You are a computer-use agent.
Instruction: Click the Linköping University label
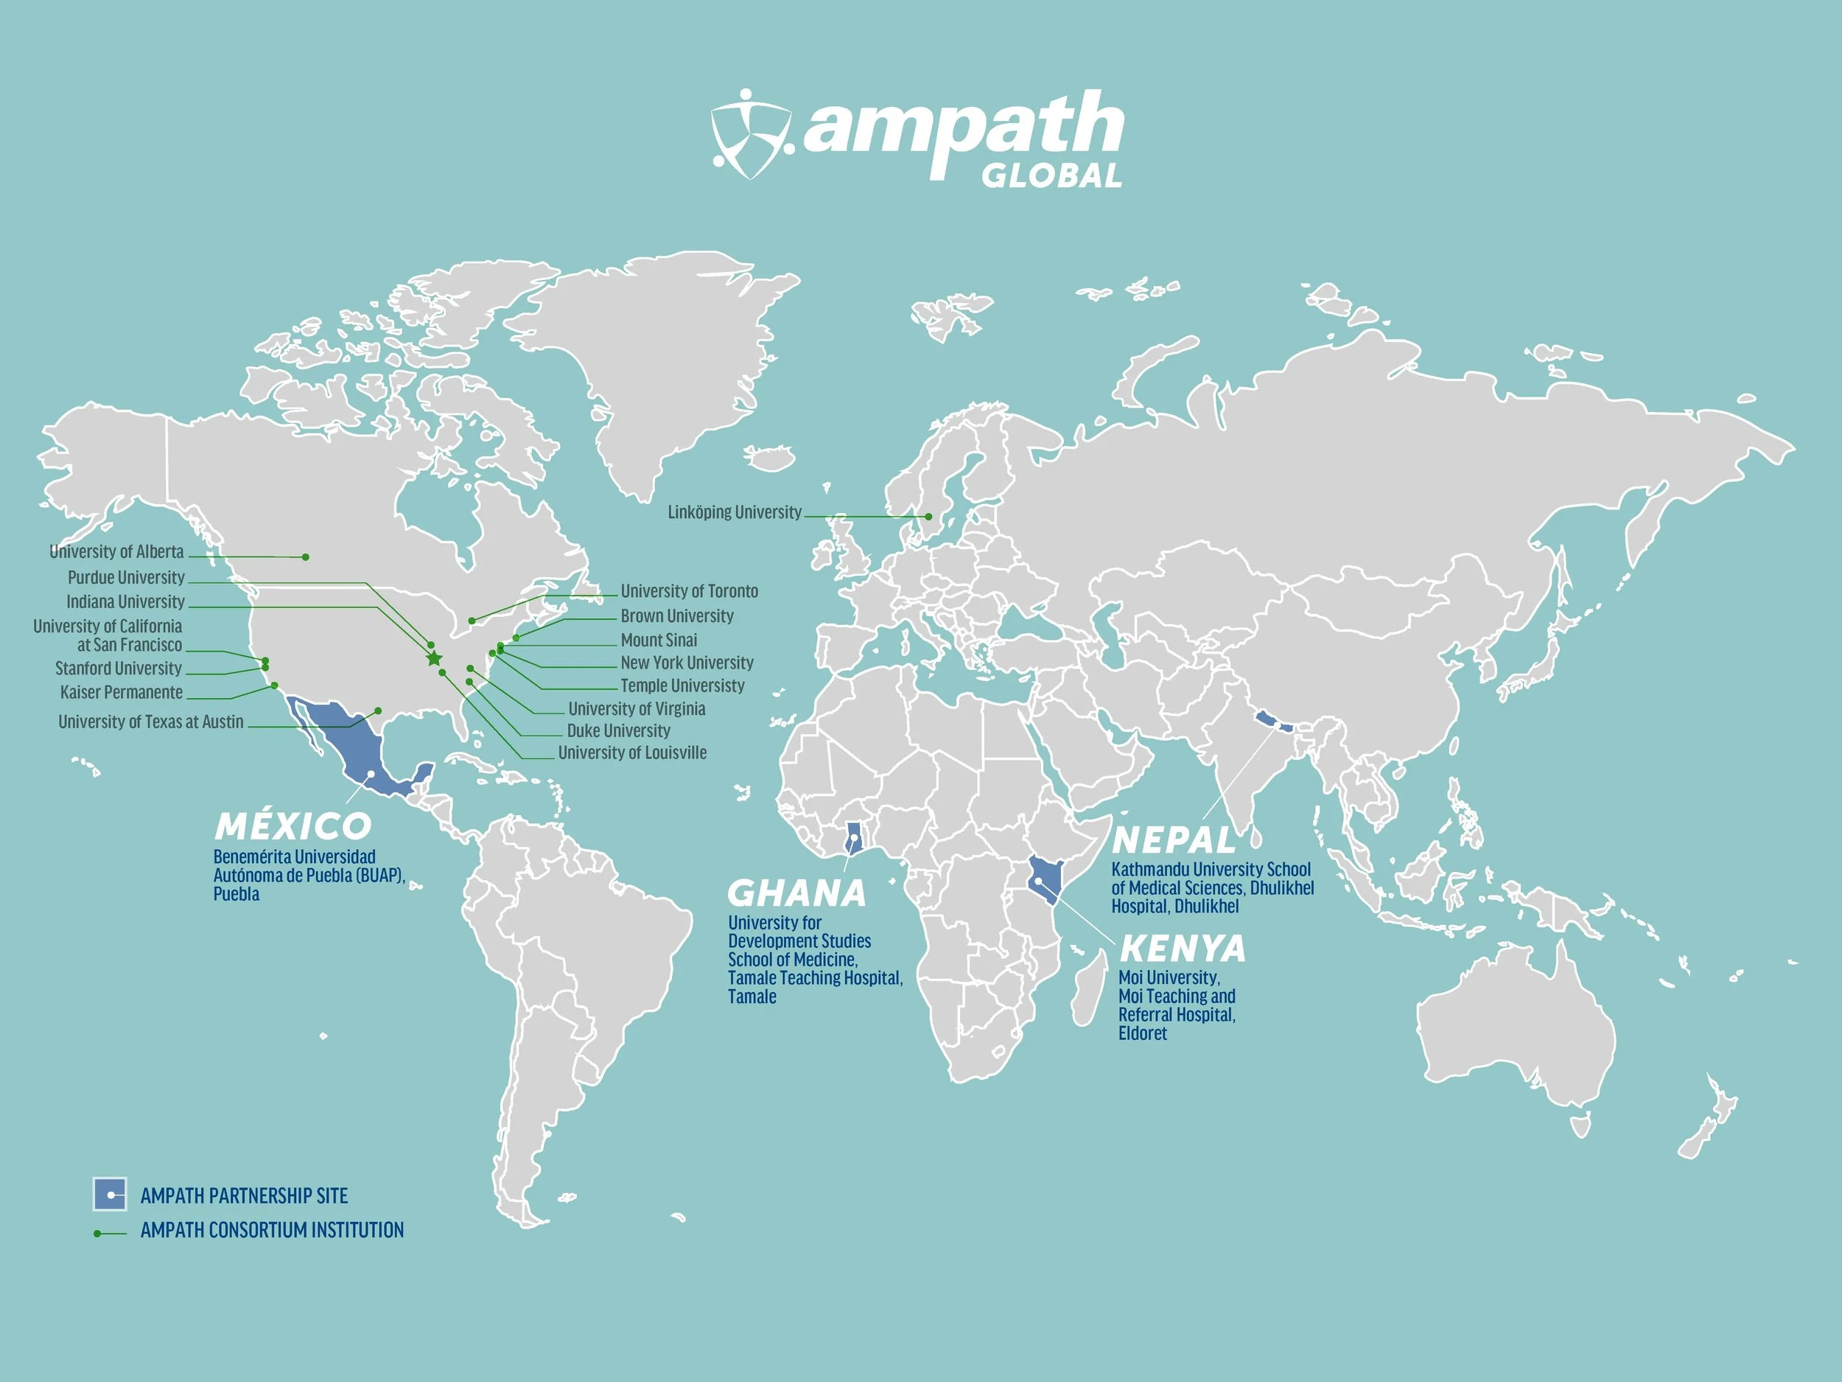734,512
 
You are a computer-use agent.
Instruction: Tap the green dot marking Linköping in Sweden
928,517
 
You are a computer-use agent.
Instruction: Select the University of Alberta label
116,551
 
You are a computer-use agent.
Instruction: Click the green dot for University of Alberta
306,556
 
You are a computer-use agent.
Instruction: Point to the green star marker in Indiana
434,659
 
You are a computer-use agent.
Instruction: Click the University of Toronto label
689,591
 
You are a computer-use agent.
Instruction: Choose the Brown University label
676,616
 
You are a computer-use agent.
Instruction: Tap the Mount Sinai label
659,641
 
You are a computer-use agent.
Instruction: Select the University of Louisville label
631,753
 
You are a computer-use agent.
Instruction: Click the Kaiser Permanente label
122,692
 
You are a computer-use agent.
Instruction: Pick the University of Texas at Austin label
151,722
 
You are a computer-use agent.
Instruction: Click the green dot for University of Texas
378,711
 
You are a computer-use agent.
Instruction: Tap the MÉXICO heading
293,826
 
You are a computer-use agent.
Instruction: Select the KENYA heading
1183,948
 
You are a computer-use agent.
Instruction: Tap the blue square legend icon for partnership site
110,1195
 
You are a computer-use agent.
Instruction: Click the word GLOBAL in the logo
1051,175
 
